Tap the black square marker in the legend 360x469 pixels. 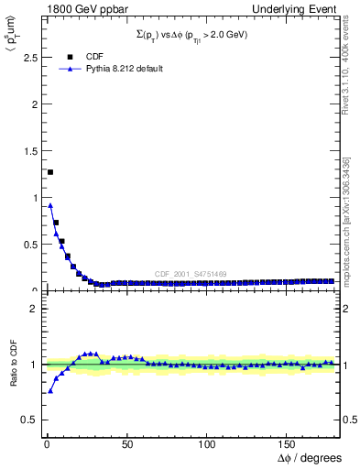(x=71, y=56)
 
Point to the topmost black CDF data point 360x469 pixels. (x=50, y=172)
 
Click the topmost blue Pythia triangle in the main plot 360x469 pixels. (x=50, y=205)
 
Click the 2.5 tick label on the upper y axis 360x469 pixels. (x=27, y=58)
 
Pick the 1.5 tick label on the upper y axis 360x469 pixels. (x=27, y=151)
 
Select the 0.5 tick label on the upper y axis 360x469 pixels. (x=27, y=245)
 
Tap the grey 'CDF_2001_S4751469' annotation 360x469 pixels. (x=190, y=274)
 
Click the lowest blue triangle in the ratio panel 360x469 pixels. (x=50, y=391)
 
